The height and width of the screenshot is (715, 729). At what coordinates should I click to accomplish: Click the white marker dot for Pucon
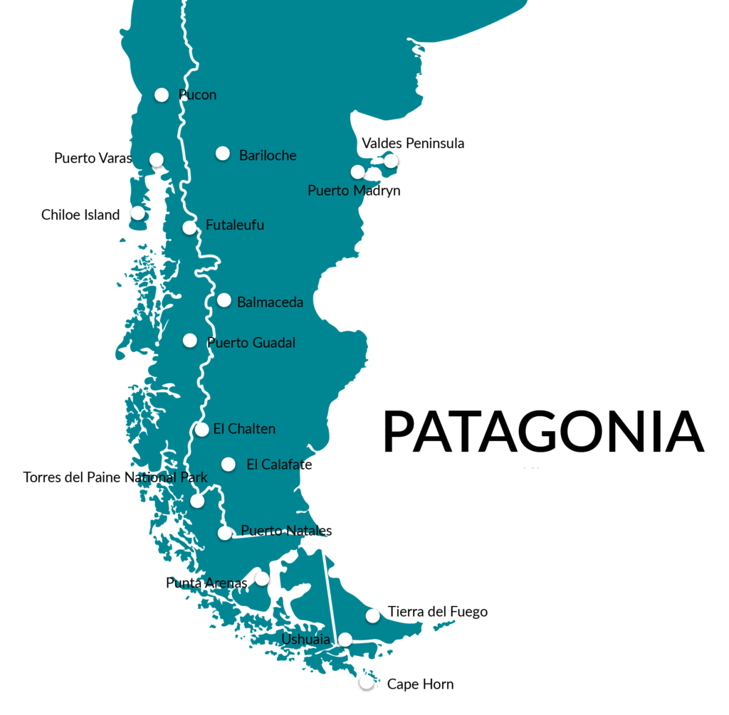coord(162,95)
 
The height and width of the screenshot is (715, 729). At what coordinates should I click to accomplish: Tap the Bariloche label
coord(268,155)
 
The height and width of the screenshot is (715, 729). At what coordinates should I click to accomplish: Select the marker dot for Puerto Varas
coord(157,159)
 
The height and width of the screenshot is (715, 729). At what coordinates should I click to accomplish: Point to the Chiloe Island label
coord(80,215)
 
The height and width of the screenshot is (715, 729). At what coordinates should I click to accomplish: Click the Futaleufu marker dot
coord(189,228)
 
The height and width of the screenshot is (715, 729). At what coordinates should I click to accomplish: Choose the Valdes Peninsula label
coord(413,143)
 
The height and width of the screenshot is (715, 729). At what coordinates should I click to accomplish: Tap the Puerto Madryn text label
coord(354,191)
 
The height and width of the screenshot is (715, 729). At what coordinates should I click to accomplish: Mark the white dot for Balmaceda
coord(224,300)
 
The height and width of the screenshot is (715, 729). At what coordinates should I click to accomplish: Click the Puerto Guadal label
coord(251,343)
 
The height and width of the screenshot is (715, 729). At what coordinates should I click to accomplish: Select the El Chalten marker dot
coord(202,430)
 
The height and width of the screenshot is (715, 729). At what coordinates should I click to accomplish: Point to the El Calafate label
coord(279,465)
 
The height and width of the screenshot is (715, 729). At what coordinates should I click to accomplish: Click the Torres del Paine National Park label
coord(115,477)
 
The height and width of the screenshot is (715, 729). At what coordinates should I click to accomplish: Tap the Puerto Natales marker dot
coord(225,533)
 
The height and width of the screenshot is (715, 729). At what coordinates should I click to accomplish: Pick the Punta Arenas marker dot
coord(262,578)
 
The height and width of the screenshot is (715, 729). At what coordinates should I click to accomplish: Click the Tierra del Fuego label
coord(438,612)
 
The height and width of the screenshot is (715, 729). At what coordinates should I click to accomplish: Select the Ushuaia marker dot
coord(345,640)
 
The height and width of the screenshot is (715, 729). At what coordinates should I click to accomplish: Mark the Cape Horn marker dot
coord(367,683)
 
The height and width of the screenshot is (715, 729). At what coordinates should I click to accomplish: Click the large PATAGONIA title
coord(544,432)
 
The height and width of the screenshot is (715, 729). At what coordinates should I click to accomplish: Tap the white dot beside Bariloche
coord(223,153)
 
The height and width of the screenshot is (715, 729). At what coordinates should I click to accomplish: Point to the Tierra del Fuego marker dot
coord(372,615)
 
